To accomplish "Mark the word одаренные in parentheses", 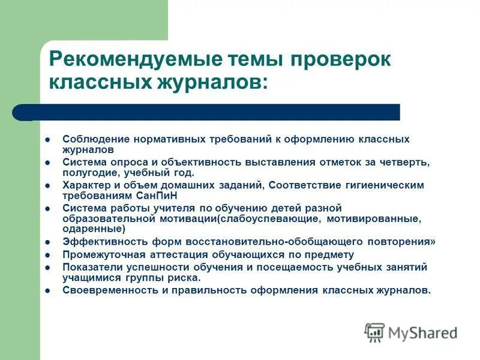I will coord(94,229).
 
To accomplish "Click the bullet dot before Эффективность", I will coord(47,243).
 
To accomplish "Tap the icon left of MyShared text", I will coord(374,332).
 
